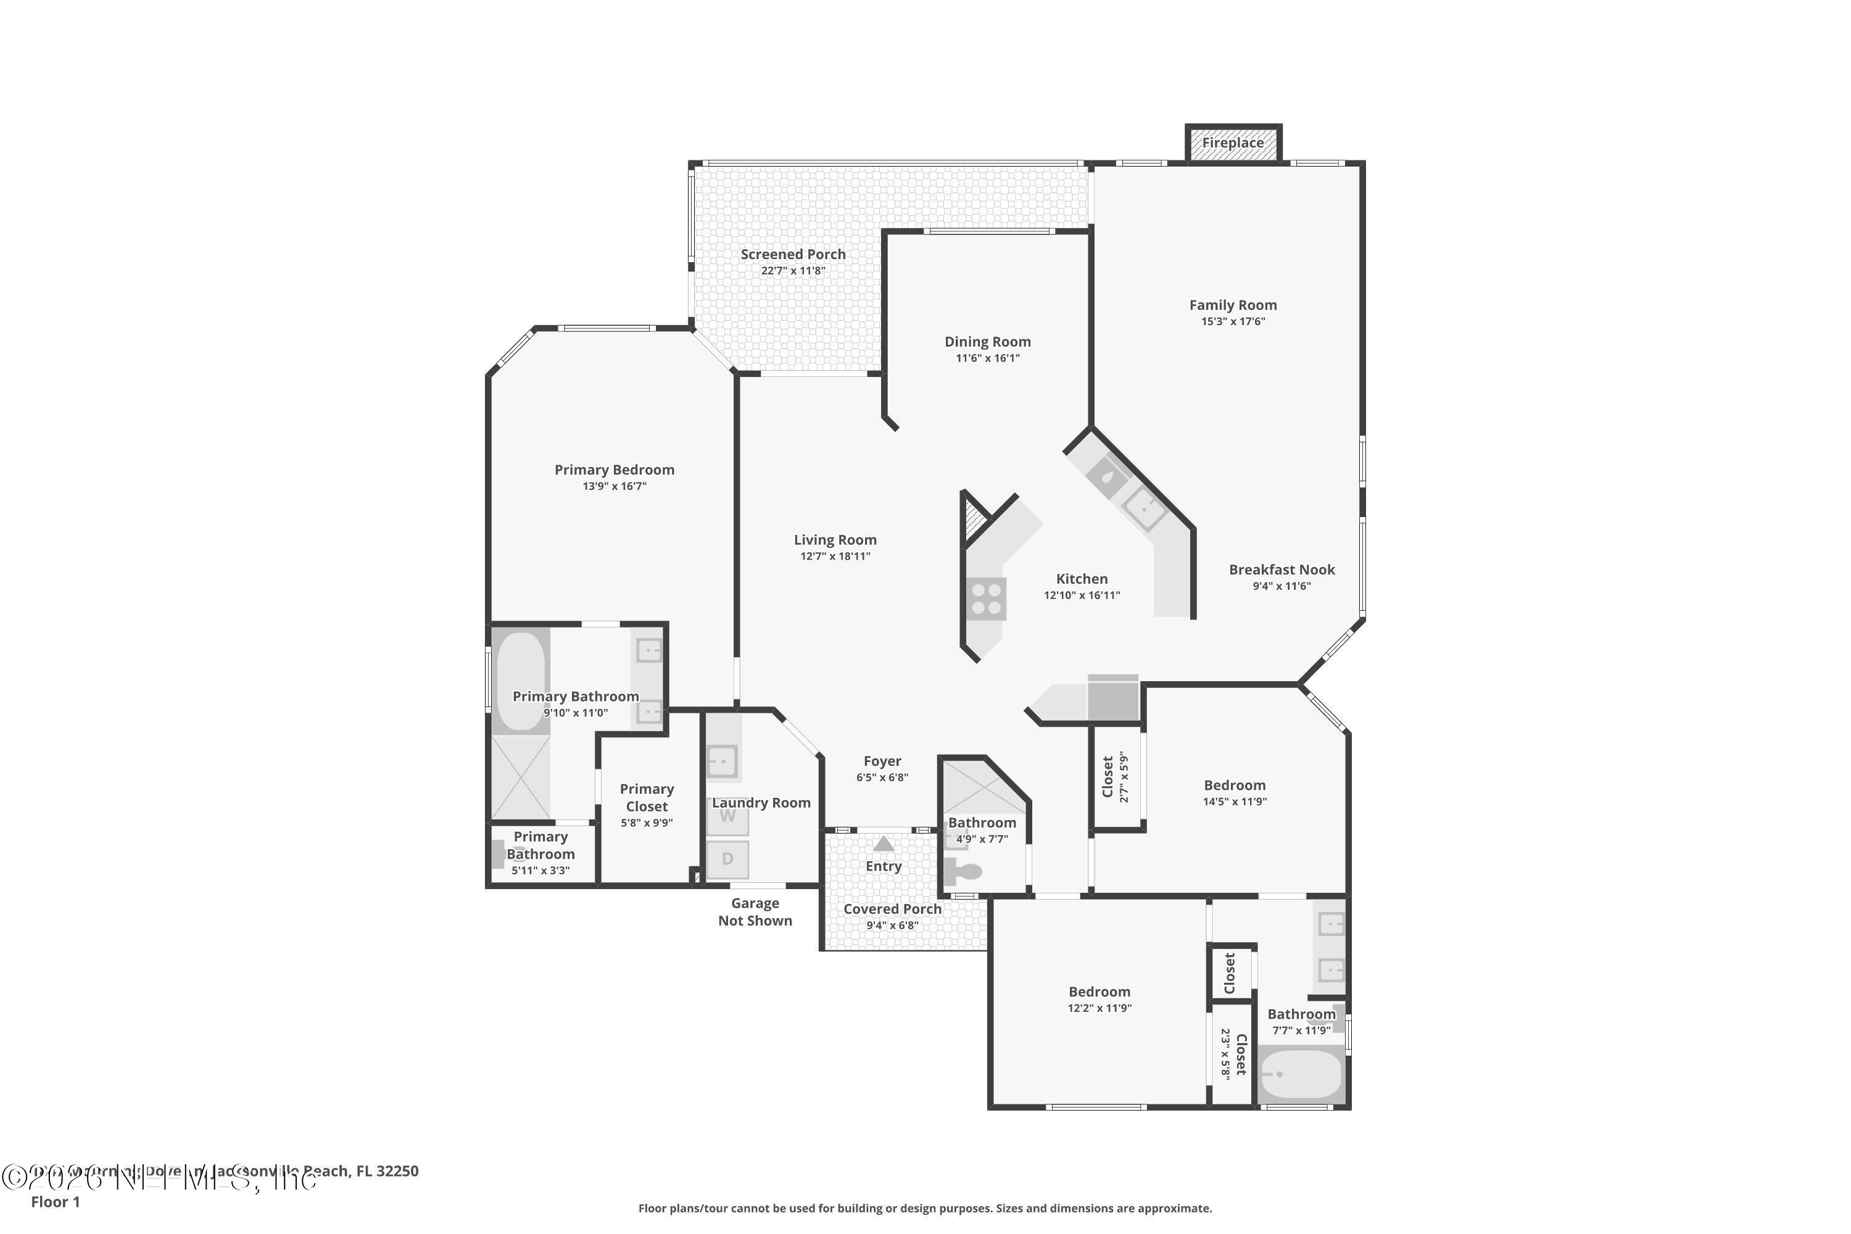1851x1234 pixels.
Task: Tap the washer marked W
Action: tap(727, 816)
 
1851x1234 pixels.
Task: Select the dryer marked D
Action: tap(727, 859)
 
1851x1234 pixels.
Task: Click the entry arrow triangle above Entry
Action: tap(883, 843)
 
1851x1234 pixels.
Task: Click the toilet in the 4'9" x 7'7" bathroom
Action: tap(963, 871)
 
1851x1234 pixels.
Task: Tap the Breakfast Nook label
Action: tap(1282, 569)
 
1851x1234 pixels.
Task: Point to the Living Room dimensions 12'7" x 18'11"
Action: tap(834, 557)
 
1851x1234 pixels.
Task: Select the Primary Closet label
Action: tap(646, 797)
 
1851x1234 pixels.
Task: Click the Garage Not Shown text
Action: tap(754, 912)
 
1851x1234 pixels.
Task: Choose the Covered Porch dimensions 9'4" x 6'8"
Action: tap(892, 925)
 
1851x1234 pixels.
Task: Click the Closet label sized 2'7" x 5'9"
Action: tap(1108, 777)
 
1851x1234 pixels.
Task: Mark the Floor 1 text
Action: tap(55, 1202)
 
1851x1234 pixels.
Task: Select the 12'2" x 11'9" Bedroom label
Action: tap(1099, 992)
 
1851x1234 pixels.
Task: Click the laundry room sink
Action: tap(722, 761)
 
